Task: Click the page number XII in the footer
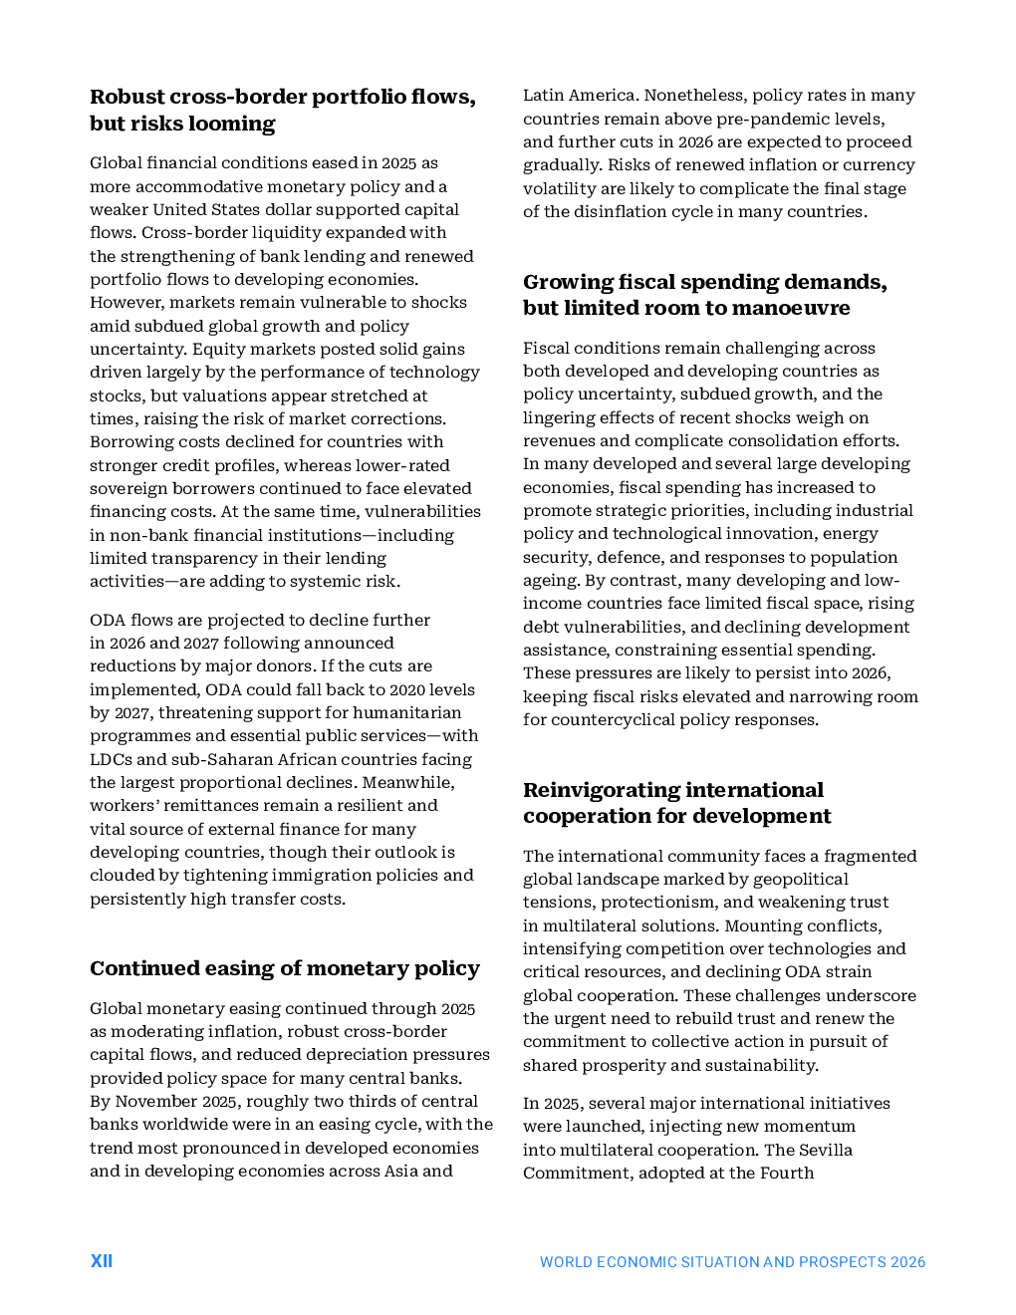click(101, 1261)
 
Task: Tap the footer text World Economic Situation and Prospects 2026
click(732, 1262)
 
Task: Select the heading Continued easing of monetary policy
click(285, 968)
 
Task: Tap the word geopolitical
click(793, 879)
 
